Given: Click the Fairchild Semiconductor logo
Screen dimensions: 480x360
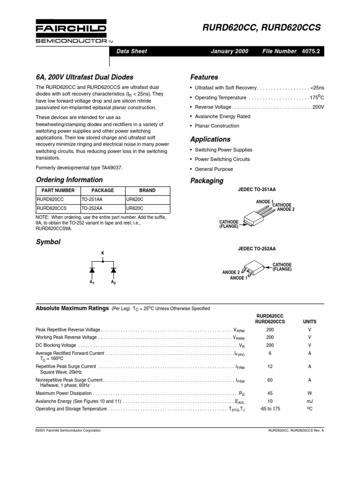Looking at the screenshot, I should point(71,32).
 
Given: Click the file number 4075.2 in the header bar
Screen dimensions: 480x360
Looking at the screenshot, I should point(310,52).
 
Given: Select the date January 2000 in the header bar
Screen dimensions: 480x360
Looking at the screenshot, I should point(230,52).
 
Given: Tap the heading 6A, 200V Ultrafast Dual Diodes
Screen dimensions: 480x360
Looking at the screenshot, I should point(84,77).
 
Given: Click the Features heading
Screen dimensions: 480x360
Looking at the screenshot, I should point(204,77).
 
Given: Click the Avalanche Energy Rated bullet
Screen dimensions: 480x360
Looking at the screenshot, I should point(222,116).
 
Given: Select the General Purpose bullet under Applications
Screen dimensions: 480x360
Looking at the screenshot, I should point(213,169).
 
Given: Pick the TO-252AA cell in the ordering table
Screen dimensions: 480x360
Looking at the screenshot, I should point(92,208).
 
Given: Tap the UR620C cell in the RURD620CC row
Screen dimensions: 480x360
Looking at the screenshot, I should point(135,199).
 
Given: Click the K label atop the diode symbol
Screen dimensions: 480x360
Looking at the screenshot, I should point(103,253).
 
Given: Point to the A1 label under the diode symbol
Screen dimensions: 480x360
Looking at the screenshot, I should point(92,283).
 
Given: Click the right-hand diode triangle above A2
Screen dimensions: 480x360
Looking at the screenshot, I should point(113,270).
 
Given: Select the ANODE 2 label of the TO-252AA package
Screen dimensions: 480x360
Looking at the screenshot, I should point(231,272).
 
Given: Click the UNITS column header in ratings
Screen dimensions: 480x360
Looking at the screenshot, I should point(309,322).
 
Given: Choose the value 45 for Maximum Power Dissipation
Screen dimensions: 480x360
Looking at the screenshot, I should point(270,393).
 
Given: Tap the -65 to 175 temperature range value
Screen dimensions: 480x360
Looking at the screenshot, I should point(270,409).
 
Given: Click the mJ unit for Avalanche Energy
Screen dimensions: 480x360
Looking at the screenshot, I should point(309,401).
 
